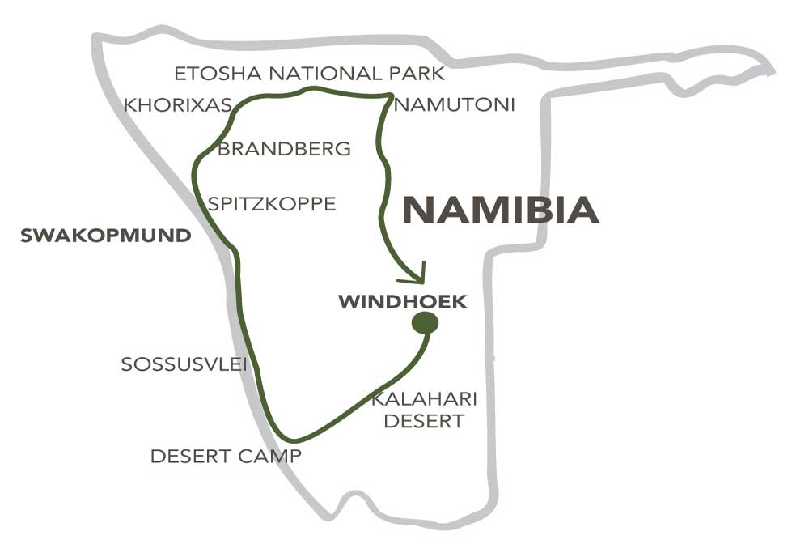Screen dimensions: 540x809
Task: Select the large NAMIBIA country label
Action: pyautogui.click(x=501, y=209)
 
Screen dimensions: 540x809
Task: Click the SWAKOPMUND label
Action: pyautogui.click(x=106, y=236)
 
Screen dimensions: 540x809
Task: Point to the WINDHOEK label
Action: pyautogui.click(x=403, y=302)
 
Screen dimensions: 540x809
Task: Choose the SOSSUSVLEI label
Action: pyautogui.click(x=184, y=364)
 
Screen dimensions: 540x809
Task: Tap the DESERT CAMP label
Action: pyautogui.click(x=226, y=456)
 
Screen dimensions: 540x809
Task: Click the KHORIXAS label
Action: pyautogui.click(x=178, y=105)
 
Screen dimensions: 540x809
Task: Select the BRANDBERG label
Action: pyautogui.click(x=284, y=149)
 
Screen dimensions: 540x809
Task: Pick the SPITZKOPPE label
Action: pyautogui.click(x=272, y=203)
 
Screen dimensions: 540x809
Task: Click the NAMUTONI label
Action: pyautogui.click(x=455, y=104)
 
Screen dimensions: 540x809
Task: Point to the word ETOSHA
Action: pyautogui.click(x=218, y=74)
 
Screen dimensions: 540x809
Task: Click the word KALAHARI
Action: pyautogui.click(x=424, y=399)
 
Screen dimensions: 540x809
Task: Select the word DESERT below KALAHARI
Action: pyautogui.click(x=424, y=421)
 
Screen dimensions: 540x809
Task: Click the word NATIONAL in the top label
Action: pyautogui.click(x=323, y=74)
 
